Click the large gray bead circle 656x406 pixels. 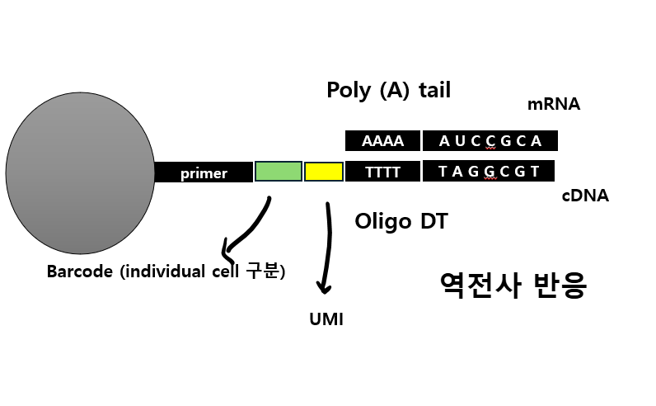click(80, 173)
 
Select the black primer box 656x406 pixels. click(204, 172)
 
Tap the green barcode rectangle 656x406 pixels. click(278, 172)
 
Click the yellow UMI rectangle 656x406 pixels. click(324, 172)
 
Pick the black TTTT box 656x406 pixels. click(382, 172)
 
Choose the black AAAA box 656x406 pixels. click(382, 140)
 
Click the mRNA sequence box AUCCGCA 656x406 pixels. click(490, 140)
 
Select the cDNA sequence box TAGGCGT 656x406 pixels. click(489, 172)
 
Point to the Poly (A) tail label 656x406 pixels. click(389, 90)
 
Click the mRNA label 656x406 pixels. click(554, 105)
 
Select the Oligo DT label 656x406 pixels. click(401, 221)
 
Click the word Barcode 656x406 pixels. click(79, 271)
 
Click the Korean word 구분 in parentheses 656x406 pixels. click(262, 271)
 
